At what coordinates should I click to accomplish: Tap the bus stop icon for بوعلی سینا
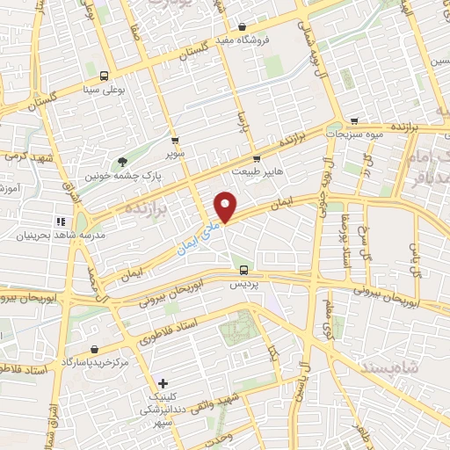coord(105,76)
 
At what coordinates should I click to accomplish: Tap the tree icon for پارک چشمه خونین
coord(123,162)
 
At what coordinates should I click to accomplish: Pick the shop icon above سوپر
coord(175,140)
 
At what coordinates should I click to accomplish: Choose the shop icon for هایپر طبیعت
coord(257,159)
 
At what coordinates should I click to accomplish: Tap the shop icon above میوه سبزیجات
coord(354,122)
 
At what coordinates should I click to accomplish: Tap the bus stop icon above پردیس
coord(244,271)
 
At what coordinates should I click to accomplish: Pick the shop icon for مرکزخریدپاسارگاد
coord(94,349)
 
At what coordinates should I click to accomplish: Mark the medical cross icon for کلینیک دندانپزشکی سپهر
coord(163,383)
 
